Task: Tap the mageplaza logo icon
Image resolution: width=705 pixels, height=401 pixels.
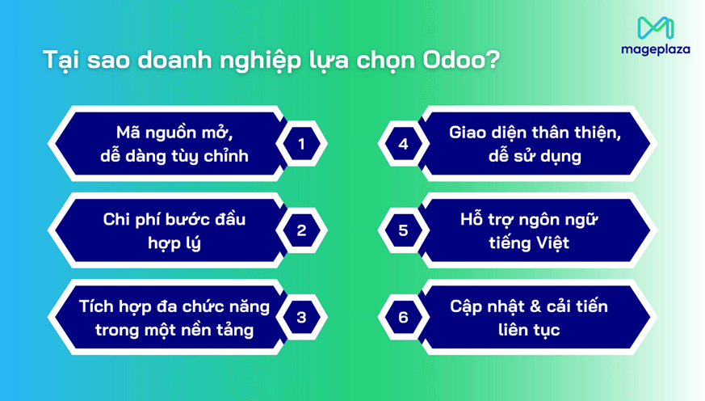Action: [x=655, y=28]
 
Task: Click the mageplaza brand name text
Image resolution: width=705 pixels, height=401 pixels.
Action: [x=655, y=49]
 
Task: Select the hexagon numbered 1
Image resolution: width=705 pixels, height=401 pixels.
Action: [x=301, y=144]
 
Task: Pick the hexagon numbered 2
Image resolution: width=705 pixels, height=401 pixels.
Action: [x=301, y=230]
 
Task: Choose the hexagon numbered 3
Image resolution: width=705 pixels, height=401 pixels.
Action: [x=301, y=317]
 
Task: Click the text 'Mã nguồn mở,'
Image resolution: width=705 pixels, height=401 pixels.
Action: [x=174, y=133]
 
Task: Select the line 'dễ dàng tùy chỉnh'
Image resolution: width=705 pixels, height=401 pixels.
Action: [x=174, y=156]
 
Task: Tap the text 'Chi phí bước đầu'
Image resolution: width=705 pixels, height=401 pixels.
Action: [x=174, y=219]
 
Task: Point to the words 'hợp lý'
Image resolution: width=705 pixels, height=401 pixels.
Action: [x=174, y=243]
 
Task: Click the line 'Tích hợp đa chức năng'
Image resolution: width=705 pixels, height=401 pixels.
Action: [x=174, y=306]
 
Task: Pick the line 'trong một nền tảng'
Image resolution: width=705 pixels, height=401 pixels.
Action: [x=174, y=329]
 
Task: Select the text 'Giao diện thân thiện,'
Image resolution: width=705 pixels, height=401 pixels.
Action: [x=535, y=133]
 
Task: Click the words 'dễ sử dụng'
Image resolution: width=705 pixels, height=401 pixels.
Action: [x=535, y=156]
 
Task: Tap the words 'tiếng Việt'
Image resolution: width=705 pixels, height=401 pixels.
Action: [x=529, y=243]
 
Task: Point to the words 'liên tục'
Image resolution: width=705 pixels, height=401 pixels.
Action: [x=529, y=329]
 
